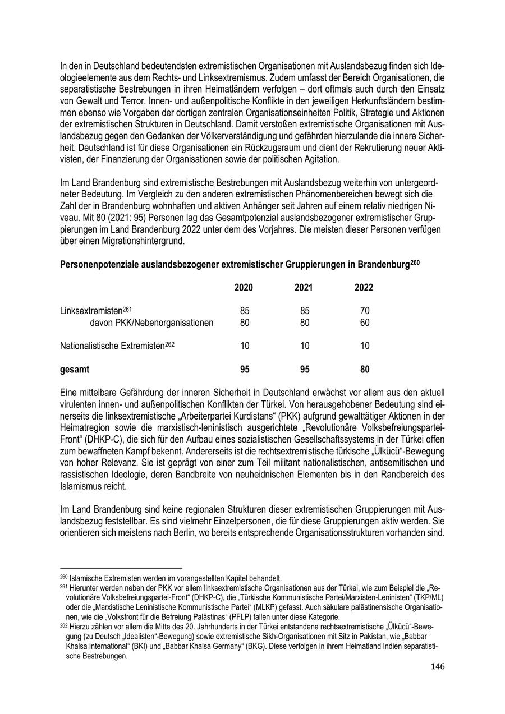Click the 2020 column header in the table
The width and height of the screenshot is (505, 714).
(244, 288)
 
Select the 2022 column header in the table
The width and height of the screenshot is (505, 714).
(364, 288)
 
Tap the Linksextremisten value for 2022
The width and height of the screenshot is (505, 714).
(365, 311)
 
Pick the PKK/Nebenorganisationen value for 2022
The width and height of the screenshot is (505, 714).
(365, 323)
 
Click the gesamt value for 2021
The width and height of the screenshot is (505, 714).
(304, 370)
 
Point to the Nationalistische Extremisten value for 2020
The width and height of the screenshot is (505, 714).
(245, 346)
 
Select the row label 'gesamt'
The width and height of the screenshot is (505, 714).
(75, 370)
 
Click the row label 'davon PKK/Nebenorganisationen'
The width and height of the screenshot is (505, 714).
(151, 323)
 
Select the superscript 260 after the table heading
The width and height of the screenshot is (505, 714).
(415, 261)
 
